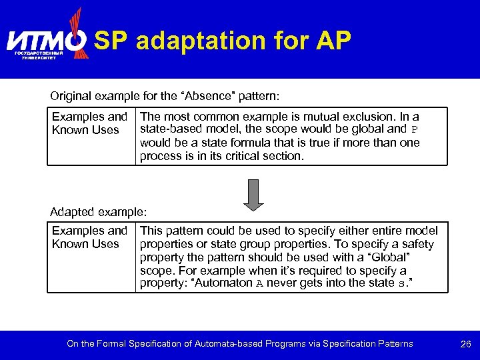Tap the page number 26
point(466,344)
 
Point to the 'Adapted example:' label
point(98,212)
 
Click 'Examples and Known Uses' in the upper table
point(89,123)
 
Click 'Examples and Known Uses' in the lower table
point(89,237)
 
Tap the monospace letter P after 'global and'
point(414,130)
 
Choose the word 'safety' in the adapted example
point(417,244)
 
